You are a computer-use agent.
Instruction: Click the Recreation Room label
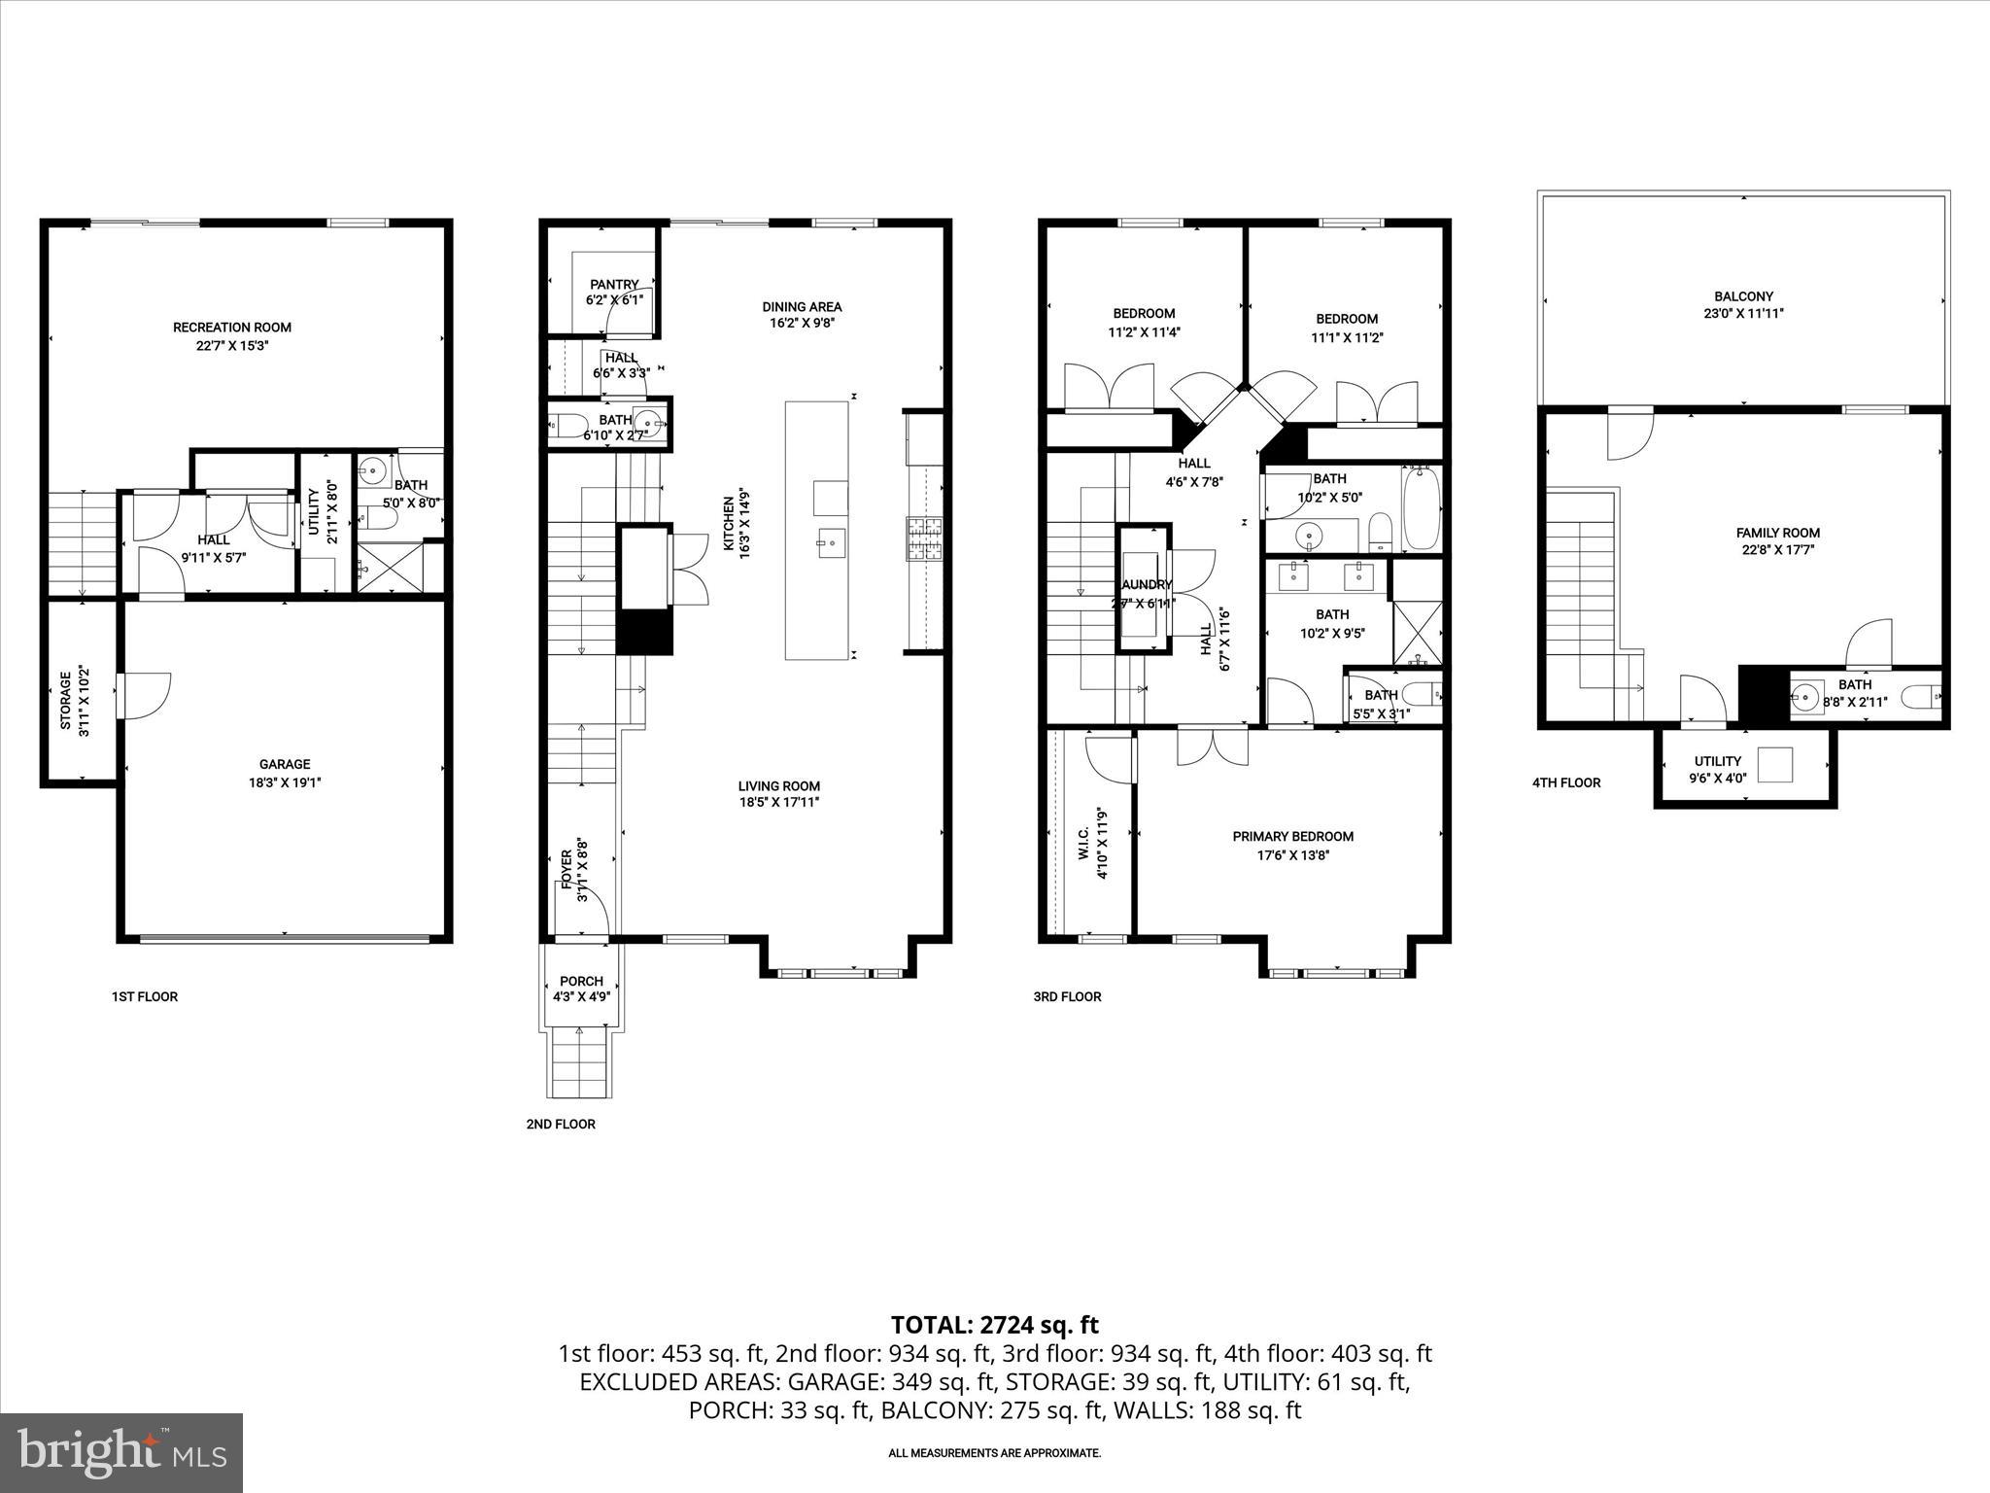coord(232,328)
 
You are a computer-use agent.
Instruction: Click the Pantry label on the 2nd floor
coord(614,284)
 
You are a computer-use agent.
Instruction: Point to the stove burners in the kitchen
coord(925,538)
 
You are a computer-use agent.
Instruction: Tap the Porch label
coord(581,981)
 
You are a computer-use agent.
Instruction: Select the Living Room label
coord(778,785)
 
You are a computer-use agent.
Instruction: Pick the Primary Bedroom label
coord(1292,836)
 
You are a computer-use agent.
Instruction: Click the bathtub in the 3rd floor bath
coord(1422,507)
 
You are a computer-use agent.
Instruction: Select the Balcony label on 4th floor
coord(1743,296)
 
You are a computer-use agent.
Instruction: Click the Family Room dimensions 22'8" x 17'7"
coord(1778,549)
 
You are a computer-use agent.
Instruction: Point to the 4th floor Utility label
coord(1718,761)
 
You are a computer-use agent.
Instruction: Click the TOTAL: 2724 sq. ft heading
coord(994,1324)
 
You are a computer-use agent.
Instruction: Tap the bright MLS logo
coord(121,1452)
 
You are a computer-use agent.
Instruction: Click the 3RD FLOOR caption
coord(1067,996)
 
